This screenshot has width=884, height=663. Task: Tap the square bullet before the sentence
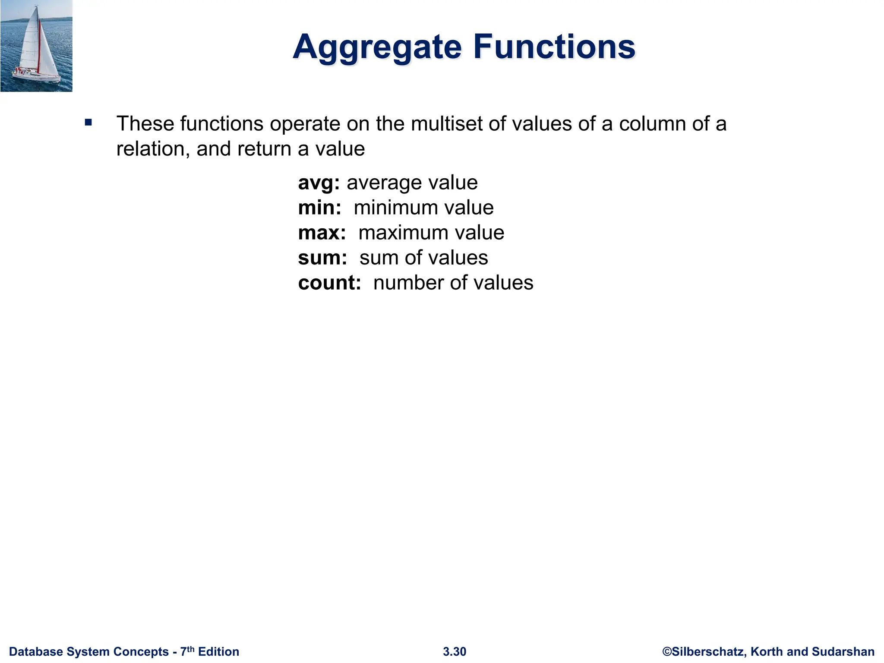pyautogui.click(x=88, y=123)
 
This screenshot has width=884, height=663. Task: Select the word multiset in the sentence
pyautogui.click(x=447, y=124)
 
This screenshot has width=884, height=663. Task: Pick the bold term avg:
pyautogui.click(x=319, y=183)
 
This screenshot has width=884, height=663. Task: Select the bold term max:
pyautogui.click(x=322, y=233)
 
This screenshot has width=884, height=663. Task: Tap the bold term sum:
pyautogui.click(x=322, y=258)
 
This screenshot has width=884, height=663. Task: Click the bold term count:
pyautogui.click(x=329, y=283)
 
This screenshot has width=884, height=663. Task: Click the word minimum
pyautogui.click(x=394, y=208)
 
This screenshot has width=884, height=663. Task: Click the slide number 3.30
pyautogui.click(x=455, y=652)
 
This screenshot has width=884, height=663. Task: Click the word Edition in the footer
pyautogui.click(x=218, y=652)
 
